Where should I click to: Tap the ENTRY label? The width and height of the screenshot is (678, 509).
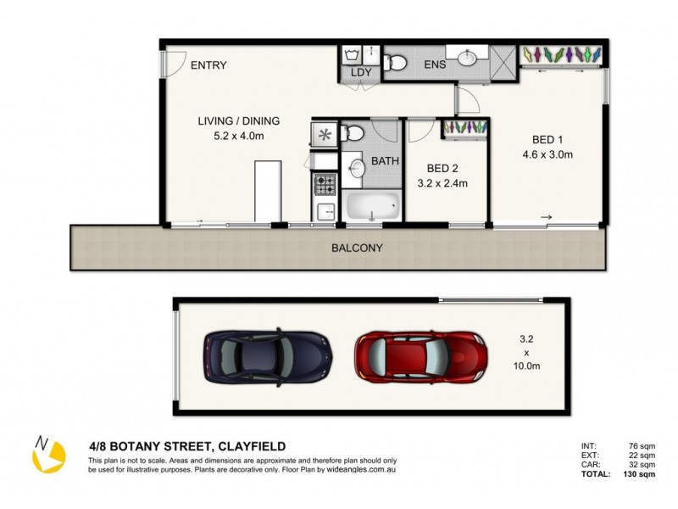pyautogui.click(x=208, y=65)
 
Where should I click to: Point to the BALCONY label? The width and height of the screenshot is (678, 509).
pyautogui.click(x=356, y=249)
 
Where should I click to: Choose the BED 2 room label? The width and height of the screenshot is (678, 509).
pyautogui.click(x=442, y=168)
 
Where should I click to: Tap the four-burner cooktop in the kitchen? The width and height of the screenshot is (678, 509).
pyautogui.click(x=325, y=183)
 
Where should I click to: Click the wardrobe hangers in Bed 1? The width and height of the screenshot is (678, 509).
pyautogui.click(x=561, y=54)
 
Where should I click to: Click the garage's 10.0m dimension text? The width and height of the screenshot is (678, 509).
pyautogui.click(x=528, y=366)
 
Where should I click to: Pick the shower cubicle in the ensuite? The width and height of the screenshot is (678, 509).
pyautogui.click(x=505, y=59)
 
